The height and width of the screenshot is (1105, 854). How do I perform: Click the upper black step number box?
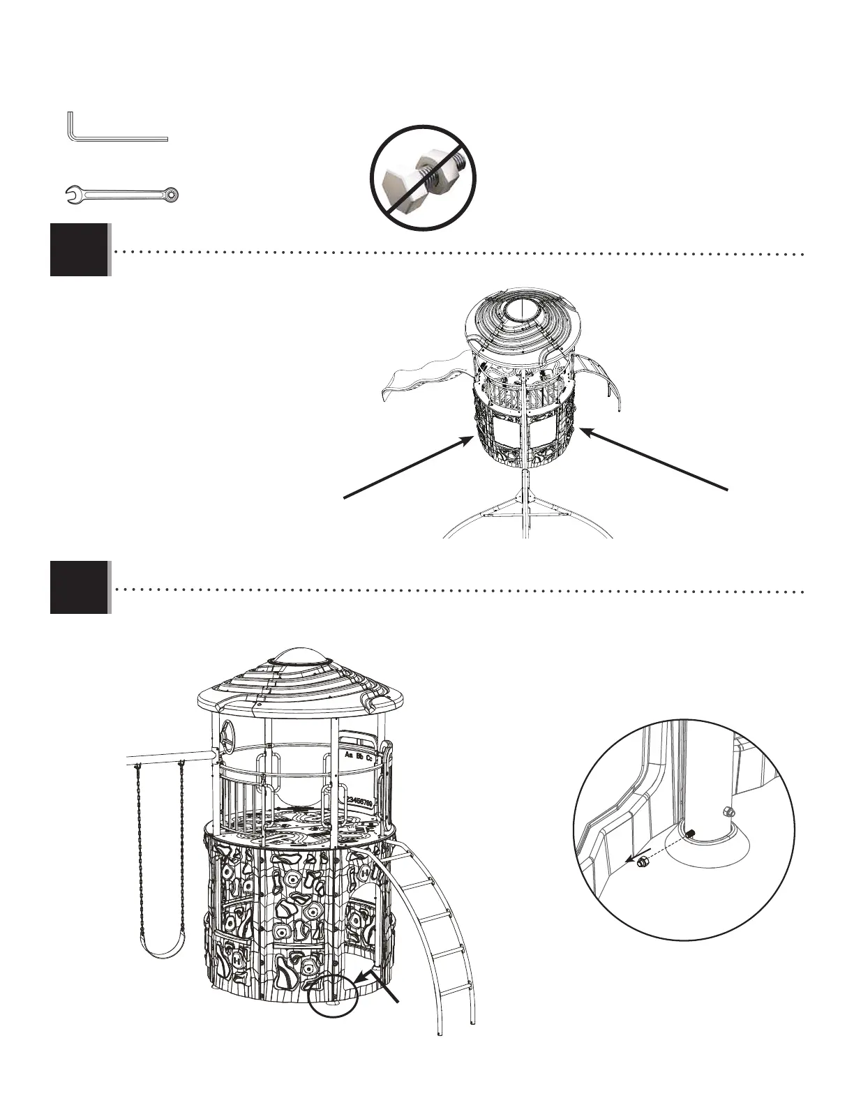(79, 250)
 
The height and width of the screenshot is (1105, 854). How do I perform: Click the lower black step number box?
(79, 587)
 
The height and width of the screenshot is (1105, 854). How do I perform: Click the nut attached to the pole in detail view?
(729, 811)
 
